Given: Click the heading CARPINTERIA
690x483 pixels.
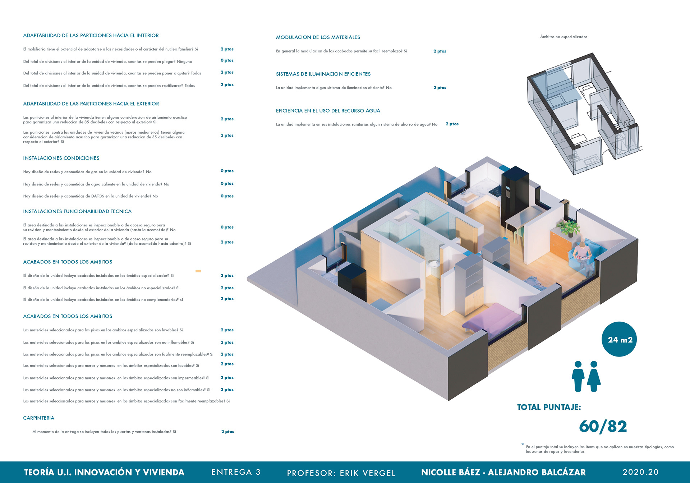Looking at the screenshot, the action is [38, 418].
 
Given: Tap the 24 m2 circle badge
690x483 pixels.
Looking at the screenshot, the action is [619, 339].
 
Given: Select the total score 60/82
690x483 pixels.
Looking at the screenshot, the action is [603, 427].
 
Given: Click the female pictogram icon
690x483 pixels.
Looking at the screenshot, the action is [594, 376].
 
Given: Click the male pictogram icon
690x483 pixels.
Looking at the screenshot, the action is [578, 376].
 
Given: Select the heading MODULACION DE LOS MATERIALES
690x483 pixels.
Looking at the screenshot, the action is [318, 37].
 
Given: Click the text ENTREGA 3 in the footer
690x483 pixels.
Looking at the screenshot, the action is [236, 472].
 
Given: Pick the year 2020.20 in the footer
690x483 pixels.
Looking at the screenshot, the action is [640, 472].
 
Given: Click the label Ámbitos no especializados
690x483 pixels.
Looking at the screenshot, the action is [564, 37].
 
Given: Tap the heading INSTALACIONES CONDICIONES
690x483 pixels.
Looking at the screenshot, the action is [61, 158].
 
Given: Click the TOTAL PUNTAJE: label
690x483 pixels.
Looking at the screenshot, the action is [549, 407].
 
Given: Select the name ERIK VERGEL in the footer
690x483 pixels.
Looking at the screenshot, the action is [367, 473].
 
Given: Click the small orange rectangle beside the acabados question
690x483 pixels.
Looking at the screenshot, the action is [198, 271].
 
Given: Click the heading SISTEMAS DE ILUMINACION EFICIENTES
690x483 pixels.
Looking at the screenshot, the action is [323, 74].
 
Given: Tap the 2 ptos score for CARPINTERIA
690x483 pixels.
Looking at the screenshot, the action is [227, 432].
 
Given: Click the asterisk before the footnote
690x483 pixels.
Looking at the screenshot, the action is [523, 445].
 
